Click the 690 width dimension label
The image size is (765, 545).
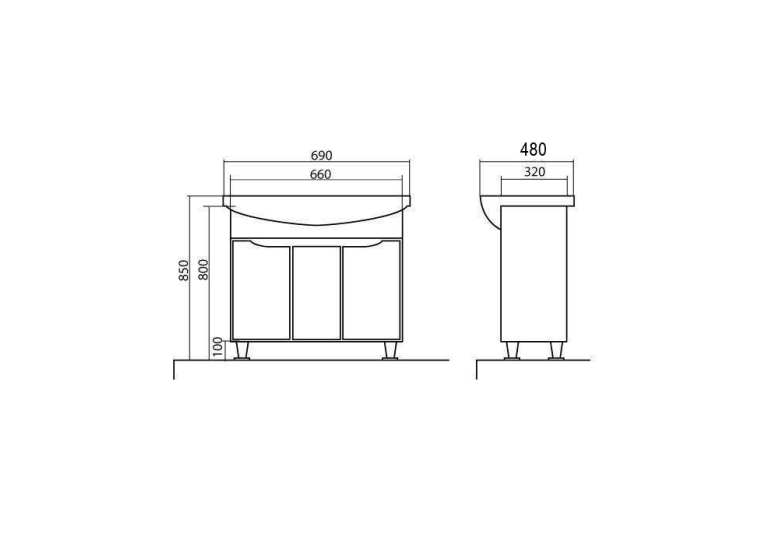coord(321,155)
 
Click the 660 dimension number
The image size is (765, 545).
coord(321,174)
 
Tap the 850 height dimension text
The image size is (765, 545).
coord(183,270)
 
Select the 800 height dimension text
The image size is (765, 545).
coord(203,269)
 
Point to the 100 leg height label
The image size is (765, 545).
coord(218,347)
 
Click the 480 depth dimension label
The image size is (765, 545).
coord(533,149)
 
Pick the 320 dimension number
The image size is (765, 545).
coord(535,172)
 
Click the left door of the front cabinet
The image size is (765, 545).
coord(261,291)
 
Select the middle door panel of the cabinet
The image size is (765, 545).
coord(316,293)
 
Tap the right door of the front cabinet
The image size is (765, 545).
coord(371,291)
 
